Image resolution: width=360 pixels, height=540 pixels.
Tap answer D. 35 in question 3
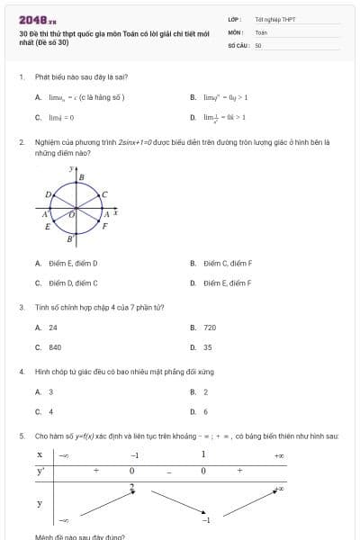(202, 346)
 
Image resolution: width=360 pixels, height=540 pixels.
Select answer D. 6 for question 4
(200, 411)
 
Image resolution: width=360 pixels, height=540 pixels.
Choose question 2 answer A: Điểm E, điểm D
(67, 264)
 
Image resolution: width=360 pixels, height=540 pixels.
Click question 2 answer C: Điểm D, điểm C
(67, 283)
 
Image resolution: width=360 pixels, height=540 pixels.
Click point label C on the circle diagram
(104, 194)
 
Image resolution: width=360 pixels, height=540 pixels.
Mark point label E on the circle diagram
(48, 227)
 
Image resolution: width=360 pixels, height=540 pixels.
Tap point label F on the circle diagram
(104, 227)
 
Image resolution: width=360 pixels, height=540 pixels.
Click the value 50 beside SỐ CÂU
(258, 44)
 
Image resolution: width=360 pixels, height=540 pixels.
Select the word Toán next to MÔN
(261, 31)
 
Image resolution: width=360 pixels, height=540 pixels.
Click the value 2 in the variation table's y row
(131, 487)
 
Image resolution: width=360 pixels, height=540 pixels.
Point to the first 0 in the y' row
(131, 471)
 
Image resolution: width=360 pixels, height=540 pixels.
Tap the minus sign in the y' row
(168, 472)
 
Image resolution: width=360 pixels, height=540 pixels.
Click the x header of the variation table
(40, 454)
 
